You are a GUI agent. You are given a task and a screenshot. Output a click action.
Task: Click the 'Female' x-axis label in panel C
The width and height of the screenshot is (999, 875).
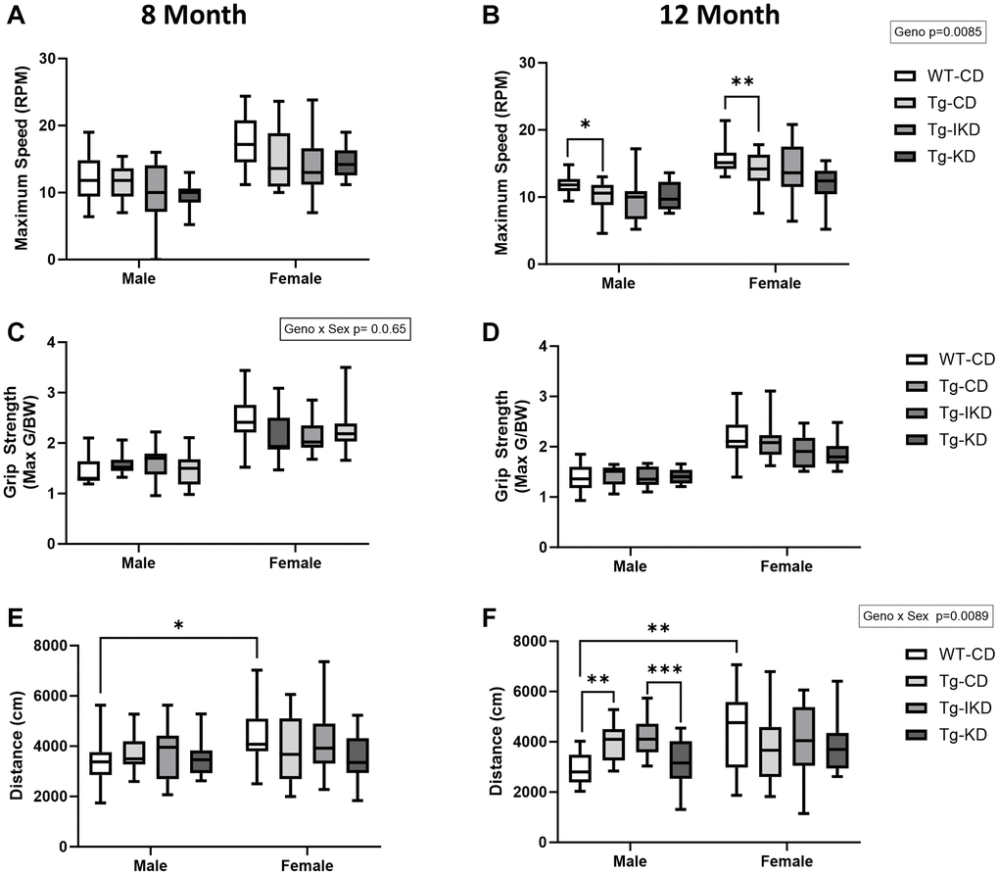pyautogui.click(x=295, y=562)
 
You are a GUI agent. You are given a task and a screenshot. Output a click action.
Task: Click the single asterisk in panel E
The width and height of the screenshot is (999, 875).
pyautogui.click(x=178, y=624)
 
